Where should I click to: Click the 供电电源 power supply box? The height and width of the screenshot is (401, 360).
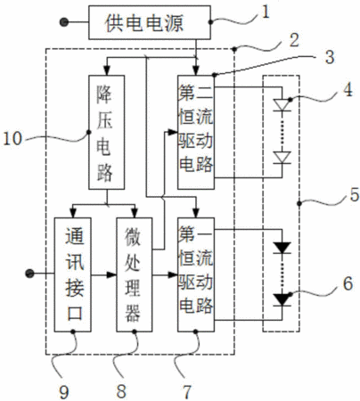(150, 22)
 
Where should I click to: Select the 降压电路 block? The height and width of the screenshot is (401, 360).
(106, 132)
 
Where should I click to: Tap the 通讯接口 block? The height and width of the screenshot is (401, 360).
(73, 274)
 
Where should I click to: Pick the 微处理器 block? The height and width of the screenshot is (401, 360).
(135, 274)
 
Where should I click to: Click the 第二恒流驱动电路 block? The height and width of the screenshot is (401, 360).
(196, 132)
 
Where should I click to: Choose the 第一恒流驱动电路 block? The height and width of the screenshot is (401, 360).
(196, 274)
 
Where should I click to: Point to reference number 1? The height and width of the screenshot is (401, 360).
(265, 12)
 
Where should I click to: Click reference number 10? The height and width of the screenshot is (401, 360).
(12, 138)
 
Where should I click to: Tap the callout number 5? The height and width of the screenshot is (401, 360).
(354, 195)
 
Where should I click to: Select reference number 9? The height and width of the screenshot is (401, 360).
(64, 392)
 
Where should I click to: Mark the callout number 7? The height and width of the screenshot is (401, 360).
(186, 392)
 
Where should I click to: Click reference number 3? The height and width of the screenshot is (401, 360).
(330, 56)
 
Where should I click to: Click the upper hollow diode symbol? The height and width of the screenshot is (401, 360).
(282, 105)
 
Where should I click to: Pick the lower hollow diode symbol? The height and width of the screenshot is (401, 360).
(282, 158)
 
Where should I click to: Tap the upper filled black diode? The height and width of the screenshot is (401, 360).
(282, 248)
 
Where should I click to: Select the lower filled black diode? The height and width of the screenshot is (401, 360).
(282, 299)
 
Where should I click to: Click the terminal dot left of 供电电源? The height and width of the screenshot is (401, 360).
(64, 22)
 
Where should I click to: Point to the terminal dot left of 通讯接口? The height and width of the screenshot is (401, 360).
(29, 274)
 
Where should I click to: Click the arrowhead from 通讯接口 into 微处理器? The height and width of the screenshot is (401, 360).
(111, 274)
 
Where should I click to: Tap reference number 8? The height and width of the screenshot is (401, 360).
(121, 391)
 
